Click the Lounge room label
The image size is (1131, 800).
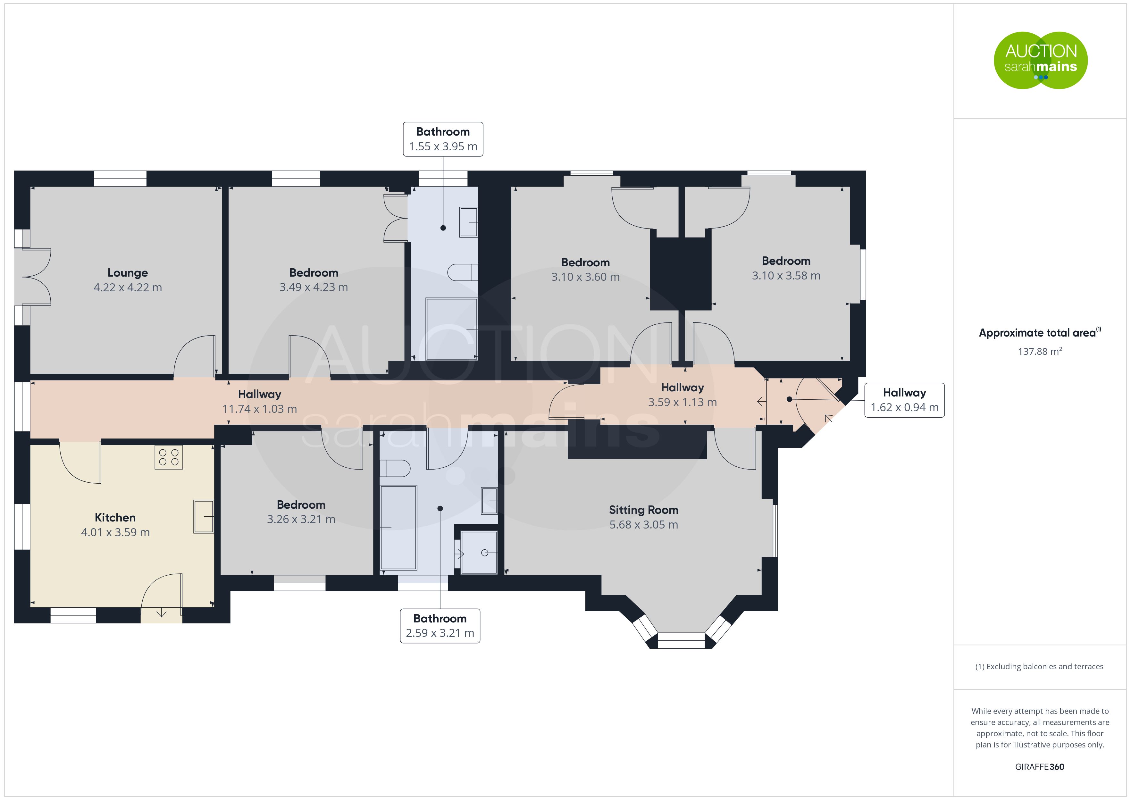[128, 272]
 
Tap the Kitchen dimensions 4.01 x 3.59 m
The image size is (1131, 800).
[115, 532]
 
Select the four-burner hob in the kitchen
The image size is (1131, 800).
[169, 457]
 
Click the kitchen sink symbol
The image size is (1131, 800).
[204, 516]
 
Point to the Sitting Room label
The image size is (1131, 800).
[643, 510]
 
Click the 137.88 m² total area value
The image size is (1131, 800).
[1040, 351]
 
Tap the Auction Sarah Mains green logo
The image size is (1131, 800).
[1040, 60]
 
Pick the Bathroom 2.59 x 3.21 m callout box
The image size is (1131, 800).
[440, 626]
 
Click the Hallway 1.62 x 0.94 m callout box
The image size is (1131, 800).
[904, 400]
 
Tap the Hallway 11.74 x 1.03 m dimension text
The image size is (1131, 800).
[260, 409]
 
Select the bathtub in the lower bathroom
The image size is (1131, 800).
[398, 528]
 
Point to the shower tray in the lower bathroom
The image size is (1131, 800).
[479, 552]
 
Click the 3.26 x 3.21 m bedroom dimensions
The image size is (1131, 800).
[301, 519]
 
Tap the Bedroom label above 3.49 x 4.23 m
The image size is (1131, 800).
[314, 272]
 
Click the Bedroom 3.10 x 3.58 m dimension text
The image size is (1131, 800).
[786, 276]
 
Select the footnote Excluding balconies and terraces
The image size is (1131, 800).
[1039, 666]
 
